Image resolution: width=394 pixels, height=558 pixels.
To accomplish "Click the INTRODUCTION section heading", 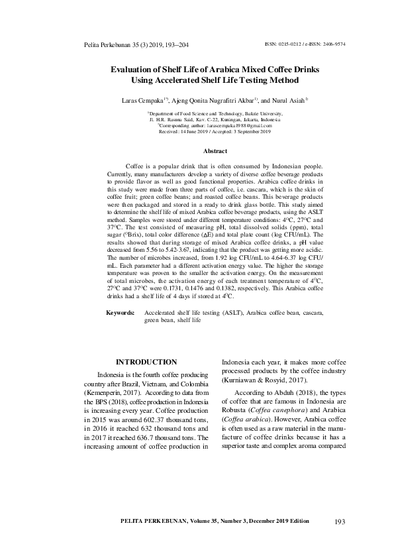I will (146, 362).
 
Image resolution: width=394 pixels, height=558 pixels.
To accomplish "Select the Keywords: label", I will (123, 311).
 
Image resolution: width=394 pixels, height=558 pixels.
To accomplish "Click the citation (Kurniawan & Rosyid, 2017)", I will (264, 382).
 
